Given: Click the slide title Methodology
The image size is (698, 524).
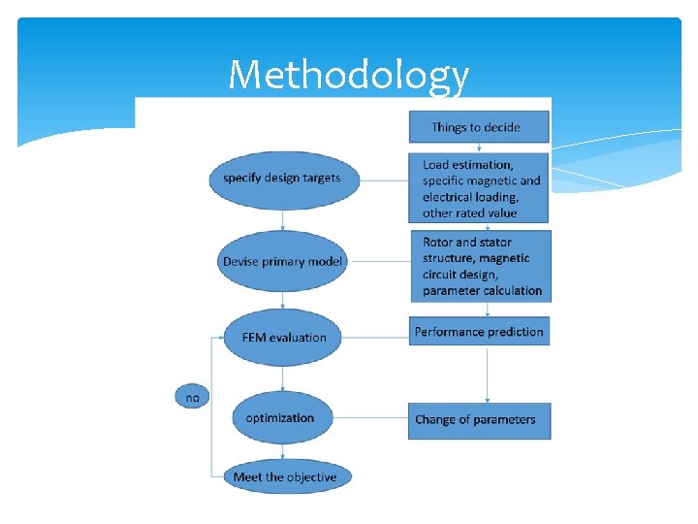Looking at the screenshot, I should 348,75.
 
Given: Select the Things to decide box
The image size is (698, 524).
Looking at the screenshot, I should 476,127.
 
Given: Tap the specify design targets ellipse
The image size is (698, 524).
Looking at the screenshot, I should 282,178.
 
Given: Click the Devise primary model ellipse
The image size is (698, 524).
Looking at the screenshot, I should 282,261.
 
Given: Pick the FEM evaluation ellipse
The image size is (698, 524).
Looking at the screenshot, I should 283,338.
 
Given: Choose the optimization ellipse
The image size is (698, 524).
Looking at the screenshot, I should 281,418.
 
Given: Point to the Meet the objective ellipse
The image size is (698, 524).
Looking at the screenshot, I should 284,477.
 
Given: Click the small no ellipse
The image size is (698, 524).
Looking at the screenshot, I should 192,397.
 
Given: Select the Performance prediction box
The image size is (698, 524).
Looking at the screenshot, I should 479,332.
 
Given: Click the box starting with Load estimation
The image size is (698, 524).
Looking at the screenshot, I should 479,188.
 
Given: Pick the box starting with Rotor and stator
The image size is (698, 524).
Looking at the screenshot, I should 479,266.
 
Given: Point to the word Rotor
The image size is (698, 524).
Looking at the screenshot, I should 438,242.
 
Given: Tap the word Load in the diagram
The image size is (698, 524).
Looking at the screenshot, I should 436,165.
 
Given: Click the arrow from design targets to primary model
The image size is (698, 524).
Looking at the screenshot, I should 282,221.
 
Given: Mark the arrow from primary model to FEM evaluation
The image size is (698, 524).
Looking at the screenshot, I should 282,301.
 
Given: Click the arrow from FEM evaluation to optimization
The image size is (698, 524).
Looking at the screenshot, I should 282,378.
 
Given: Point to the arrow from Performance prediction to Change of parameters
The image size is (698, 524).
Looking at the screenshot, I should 487,375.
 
